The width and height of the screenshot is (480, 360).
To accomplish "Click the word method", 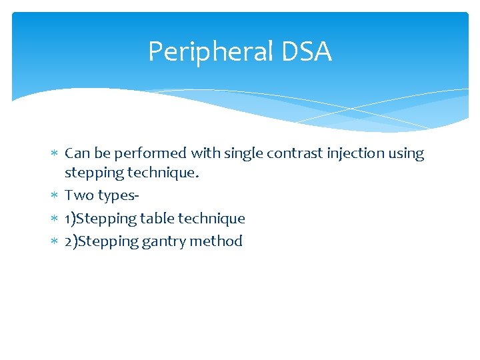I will (x=216, y=241).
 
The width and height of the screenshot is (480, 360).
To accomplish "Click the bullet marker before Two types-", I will (x=54, y=196).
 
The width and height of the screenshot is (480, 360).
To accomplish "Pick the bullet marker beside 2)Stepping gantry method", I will (x=54, y=241).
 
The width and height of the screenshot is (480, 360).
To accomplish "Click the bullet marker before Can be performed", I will (x=54, y=154).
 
